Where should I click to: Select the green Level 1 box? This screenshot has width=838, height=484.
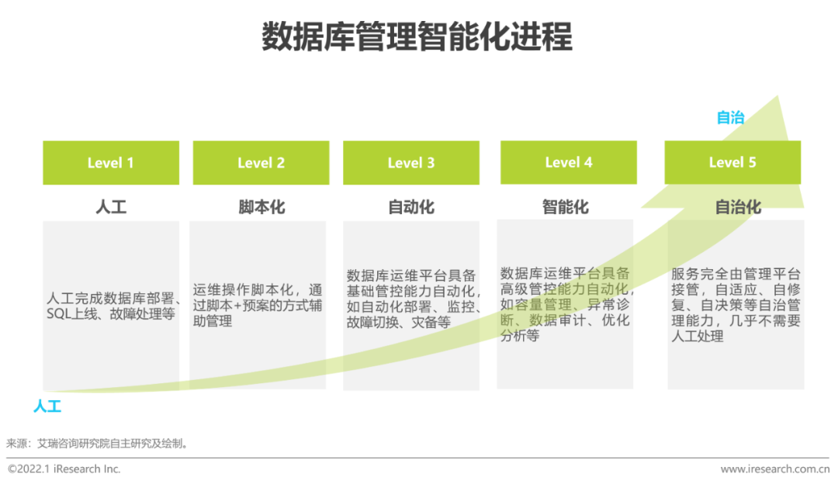coord(111,163)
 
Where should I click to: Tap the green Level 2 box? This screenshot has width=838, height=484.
coord(261,163)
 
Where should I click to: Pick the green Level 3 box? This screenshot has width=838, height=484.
coord(411,163)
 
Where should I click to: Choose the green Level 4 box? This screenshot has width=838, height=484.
coord(569,162)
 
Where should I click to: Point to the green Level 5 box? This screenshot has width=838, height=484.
coord(732,162)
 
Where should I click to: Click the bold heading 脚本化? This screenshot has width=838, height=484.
coord(261,208)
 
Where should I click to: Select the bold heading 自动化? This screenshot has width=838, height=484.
coord(411,208)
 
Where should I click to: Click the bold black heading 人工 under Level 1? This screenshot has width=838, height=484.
coord(111,208)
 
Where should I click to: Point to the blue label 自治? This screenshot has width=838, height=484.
coord(730,118)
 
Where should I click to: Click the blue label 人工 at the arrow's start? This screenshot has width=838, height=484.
coord(47,406)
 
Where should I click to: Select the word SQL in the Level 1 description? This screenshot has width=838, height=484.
coord(57,314)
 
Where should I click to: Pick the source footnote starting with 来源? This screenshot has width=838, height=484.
coord(97,444)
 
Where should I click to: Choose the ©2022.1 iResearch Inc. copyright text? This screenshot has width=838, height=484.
coord(64,469)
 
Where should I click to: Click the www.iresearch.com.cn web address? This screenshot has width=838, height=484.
coord(774,469)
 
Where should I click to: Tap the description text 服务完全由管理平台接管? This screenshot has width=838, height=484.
coord(736,275)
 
